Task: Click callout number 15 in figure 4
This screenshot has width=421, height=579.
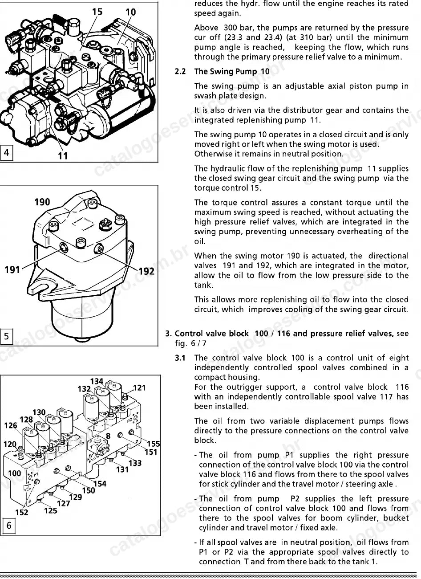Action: pos(97,12)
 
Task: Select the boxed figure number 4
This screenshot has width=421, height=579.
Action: pos(7,152)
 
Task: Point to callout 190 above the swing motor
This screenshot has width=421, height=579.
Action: pos(42,202)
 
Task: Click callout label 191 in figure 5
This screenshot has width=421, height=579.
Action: pos(12,270)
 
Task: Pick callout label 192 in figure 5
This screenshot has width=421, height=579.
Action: pos(146,271)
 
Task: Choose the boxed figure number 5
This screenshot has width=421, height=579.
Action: pos(7,336)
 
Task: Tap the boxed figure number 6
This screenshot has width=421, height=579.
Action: pos(8,525)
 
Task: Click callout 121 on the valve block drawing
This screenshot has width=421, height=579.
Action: pos(139,388)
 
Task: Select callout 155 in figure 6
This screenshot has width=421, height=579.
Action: pos(154,444)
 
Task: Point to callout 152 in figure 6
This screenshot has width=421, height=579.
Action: pos(22,512)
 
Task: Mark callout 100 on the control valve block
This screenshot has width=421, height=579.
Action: pos(15,473)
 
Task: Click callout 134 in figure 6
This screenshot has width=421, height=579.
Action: pos(97,381)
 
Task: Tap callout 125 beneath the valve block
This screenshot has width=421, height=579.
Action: pos(50,510)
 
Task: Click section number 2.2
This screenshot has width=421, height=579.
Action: pos(180,71)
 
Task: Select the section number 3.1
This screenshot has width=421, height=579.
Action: pos(180,358)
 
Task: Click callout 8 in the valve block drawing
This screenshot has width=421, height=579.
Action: pos(108,436)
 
